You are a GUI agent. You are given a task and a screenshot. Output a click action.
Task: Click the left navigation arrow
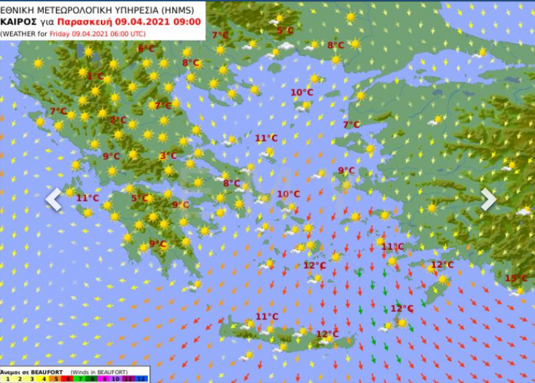[54, 199]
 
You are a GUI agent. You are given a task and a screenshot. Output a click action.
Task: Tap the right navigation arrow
[489, 199]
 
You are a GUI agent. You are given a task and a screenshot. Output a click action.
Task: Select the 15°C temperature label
[516, 278]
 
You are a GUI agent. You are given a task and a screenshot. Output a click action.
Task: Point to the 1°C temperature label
[95, 77]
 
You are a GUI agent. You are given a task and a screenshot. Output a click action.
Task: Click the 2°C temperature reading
[118, 120]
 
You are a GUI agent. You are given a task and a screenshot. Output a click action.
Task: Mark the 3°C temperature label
[168, 156]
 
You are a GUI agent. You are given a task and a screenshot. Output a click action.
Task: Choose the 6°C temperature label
[146, 49]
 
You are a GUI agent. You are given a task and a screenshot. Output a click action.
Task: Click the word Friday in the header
[61, 33]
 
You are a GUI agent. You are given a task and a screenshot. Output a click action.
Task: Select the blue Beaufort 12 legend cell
[142, 379]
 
